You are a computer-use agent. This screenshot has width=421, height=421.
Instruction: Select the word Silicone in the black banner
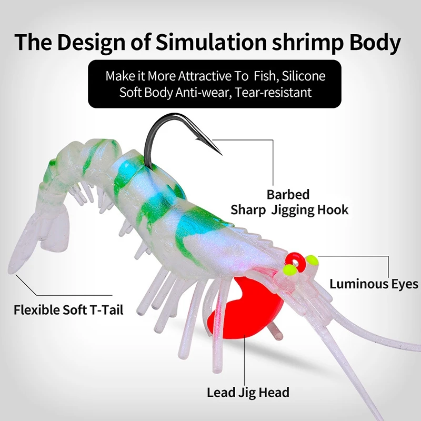pyautogui.click(x=304, y=75)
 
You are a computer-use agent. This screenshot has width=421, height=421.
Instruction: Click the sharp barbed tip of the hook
pyautogui.click(x=222, y=154)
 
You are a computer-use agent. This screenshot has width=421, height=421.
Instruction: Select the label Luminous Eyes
pyautogui.click(x=374, y=284)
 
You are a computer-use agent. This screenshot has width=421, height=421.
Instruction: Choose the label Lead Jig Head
pyautogui.click(x=248, y=392)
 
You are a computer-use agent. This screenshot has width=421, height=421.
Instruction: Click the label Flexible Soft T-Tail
pyautogui.click(x=68, y=309)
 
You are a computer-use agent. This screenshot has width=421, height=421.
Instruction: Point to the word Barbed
pyautogui.click(x=288, y=194)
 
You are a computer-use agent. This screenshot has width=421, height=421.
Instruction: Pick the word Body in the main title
pyautogui.click(x=376, y=43)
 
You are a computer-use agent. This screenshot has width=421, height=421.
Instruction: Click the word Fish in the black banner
pyautogui.click(x=264, y=75)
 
